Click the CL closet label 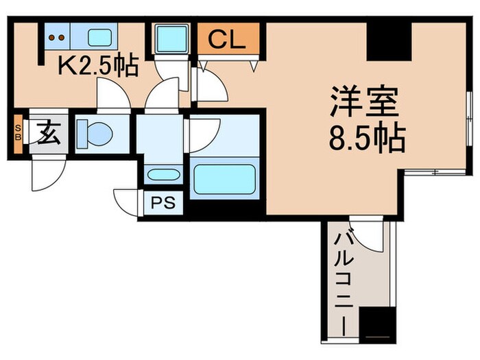[227, 40]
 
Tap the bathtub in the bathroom [224, 178]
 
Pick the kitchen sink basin [101, 37]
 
